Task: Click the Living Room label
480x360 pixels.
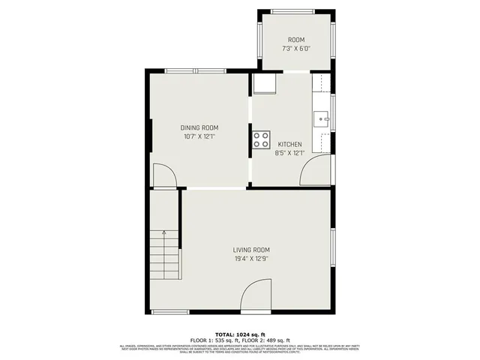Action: tap(251, 250)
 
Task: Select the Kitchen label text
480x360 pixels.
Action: tap(289, 144)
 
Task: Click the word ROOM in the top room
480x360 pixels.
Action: tap(296, 40)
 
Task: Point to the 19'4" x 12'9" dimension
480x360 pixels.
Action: tap(251, 259)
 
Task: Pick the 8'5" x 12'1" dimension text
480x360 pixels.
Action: tap(289, 153)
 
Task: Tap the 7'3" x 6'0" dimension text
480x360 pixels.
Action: tap(296, 49)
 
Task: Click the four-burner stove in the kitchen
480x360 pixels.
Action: tap(261, 139)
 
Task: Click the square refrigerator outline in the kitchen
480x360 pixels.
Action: tap(264, 83)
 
